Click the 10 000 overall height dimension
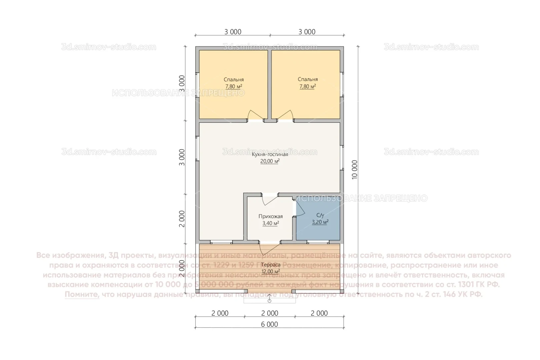[354, 170]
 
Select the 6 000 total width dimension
[269, 324]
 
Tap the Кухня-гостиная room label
[270, 154]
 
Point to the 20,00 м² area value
[270, 161]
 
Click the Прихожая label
[270, 216]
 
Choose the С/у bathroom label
[320, 215]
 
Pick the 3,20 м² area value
[320, 222]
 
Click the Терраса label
[271, 265]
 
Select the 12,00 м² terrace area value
[271, 272]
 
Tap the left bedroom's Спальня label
[234, 80]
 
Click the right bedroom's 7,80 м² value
[307, 86]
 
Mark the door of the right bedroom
[285, 115]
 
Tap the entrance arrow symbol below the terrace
[269, 299]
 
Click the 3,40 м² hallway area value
[270, 223]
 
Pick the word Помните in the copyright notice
[82, 294]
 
